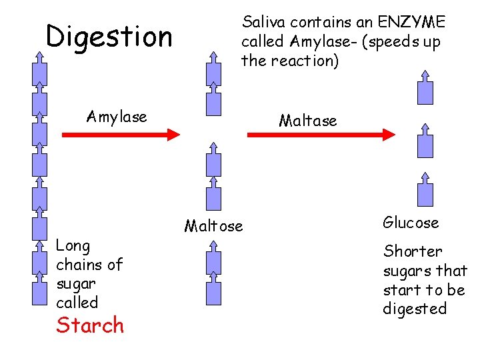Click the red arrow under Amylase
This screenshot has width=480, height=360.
(121, 134)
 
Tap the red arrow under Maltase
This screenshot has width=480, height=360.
(321, 134)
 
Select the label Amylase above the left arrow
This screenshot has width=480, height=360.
(117, 117)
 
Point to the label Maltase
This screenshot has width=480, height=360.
(308, 121)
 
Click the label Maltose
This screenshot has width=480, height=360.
(213, 226)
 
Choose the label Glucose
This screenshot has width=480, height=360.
(411, 223)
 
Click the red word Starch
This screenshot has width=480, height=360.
(90, 325)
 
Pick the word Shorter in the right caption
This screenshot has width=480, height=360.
(412, 251)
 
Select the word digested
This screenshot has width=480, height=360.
(415, 309)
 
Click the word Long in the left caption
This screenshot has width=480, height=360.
(73, 245)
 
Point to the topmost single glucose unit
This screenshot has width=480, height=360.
(425, 87)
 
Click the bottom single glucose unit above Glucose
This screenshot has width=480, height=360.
(425, 189)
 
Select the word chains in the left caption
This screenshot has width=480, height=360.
(89, 265)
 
